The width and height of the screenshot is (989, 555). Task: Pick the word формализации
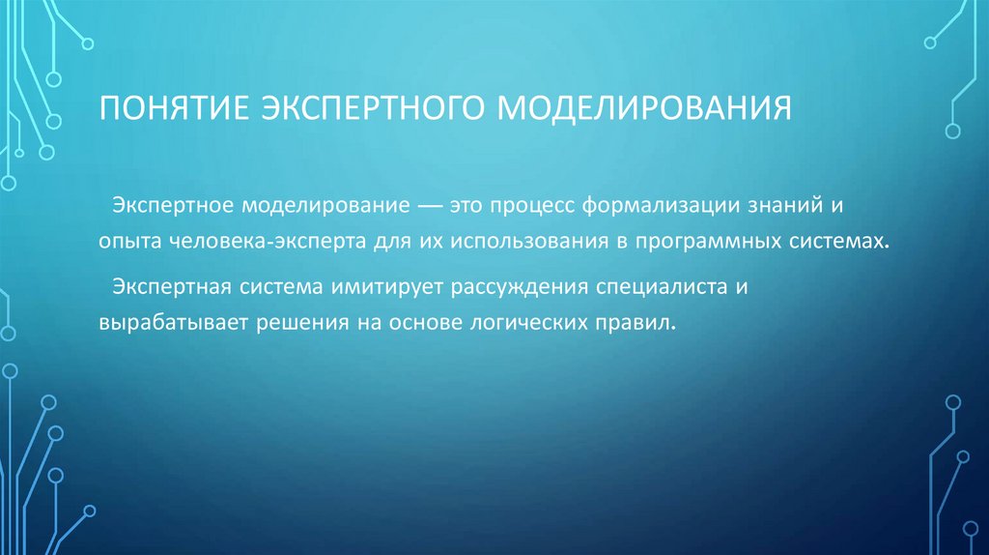coord(662,207)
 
